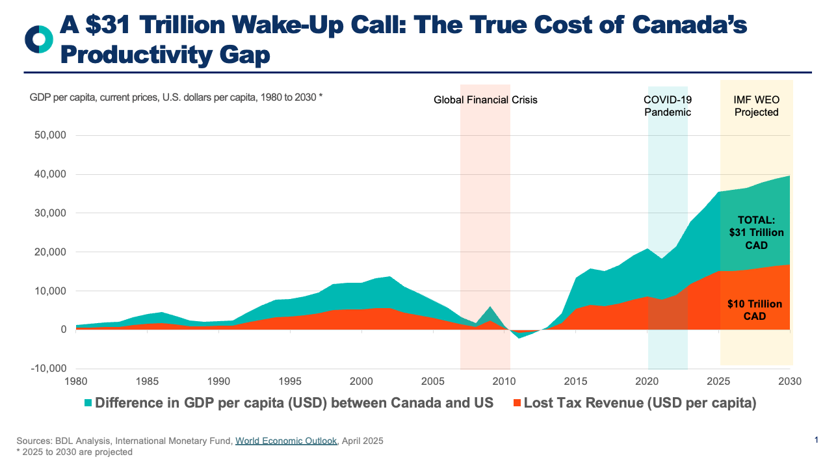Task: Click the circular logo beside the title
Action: (x=38, y=39)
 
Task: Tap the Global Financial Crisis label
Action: (x=486, y=100)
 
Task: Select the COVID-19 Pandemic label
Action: (x=668, y=106)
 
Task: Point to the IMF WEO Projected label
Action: (x=756, y=106)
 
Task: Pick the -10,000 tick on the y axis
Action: (x=47, y=369)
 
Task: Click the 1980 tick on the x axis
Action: (x=76, y=381)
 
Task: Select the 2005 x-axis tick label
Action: (x=432, y=381)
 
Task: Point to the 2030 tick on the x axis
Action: (x=789, y=381)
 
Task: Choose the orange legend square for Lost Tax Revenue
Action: (x=515, y=403)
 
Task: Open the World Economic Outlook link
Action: (x=286, y=441)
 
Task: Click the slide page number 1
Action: (x=816, y=441)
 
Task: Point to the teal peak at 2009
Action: (x=490, y=307)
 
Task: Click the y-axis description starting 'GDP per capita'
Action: (x=176, y=98)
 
